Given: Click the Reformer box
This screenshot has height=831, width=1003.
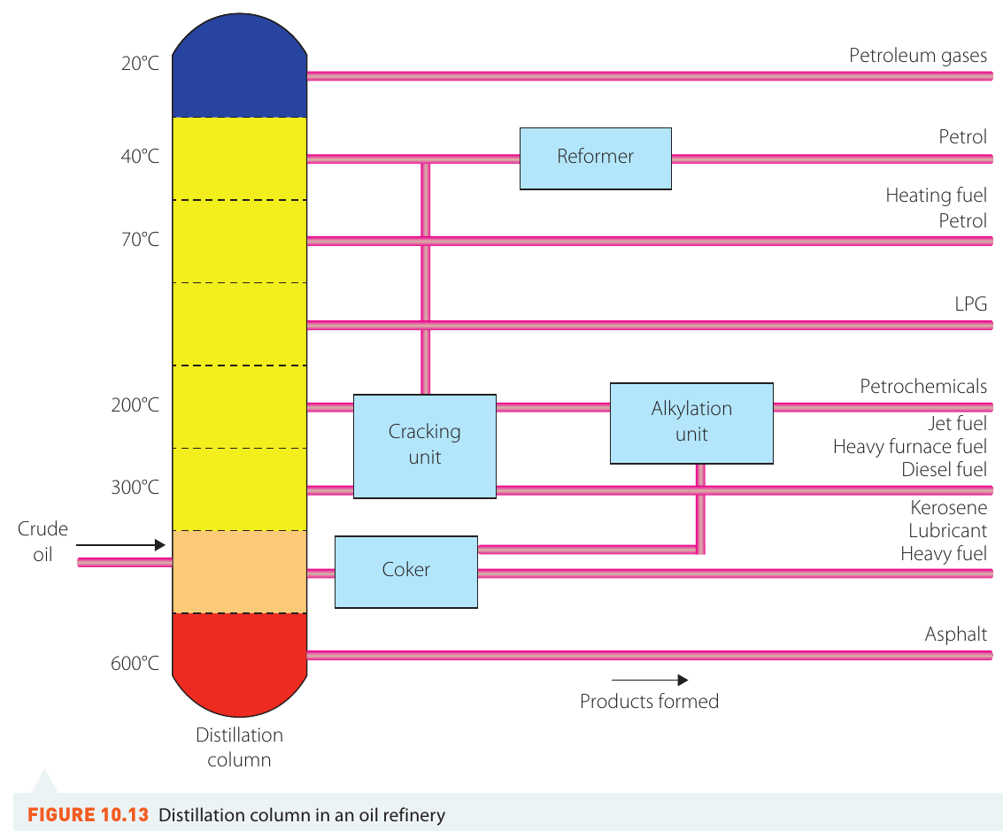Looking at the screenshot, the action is tap(596, 158).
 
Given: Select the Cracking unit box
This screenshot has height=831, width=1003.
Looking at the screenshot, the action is tap(425, 446).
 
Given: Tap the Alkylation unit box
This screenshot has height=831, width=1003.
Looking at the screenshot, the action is tap(691, 423).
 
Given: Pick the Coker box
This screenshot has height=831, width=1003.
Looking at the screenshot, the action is tap(406, 572).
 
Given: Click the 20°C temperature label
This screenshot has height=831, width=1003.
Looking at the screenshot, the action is tap(140, 64).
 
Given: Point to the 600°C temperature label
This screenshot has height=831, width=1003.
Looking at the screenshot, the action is tap(135, 663).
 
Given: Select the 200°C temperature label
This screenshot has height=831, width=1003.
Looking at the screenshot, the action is tap(135, 404).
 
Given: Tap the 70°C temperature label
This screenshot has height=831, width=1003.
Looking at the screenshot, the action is tap(140, 239).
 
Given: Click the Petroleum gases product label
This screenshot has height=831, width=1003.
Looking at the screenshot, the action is tap(918, 56).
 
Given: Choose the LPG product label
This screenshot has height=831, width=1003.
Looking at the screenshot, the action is tap(971, 304).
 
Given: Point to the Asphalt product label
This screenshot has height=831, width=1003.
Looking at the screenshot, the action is tap(956, 635).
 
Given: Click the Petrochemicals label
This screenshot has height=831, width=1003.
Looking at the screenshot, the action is tap(923, 386).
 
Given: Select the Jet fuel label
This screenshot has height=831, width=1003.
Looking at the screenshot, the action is tap(958, 423).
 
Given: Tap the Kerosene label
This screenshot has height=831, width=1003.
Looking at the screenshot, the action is tap(949, 508).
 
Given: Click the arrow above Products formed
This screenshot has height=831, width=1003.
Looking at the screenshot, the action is tap(650, 680).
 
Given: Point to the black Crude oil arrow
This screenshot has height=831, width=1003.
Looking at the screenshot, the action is tap(121, 544).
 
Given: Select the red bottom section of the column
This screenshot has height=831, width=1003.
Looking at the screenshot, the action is tap(240, 662).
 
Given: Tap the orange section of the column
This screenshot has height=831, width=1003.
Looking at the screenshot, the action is tap(240, 572).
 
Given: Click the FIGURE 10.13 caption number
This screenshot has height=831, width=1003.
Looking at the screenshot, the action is tap(89, 815).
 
